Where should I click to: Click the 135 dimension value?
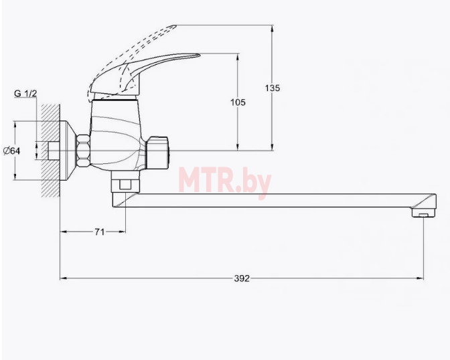point(273,88)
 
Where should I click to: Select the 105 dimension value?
point(238,102)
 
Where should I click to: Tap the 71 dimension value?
point(100,232)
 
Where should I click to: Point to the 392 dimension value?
point(242,278)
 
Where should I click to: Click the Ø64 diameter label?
point(12,151)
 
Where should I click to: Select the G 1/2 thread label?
point(25,93)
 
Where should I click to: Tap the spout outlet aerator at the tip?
point(424,213)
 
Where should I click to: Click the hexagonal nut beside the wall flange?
point(83,150)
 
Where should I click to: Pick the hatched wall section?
point(51,151)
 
